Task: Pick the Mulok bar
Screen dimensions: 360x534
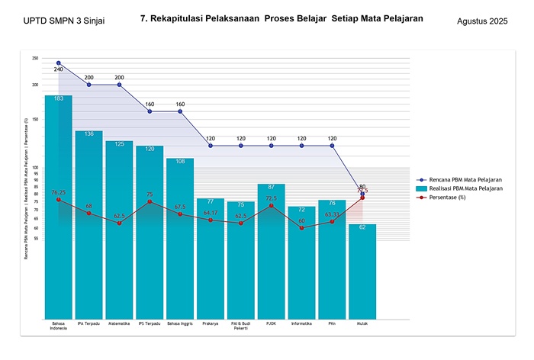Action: point(362,275)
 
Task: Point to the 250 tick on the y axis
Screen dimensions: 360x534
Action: point(36,58)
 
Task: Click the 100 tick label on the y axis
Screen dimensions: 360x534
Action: point(36,168)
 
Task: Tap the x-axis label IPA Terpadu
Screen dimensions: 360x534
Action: point(88,323)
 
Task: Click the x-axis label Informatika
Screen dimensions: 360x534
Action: point(301,323)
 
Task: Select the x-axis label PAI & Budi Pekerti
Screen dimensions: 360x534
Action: point(240,326)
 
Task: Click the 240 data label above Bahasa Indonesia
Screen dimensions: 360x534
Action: point(59,69)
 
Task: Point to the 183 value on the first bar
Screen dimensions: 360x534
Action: point(59,99)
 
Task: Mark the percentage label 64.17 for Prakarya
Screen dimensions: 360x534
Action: point(211,213)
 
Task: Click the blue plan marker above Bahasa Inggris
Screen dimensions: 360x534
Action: point(180,111)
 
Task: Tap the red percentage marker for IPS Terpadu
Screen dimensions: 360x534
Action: point(150,202)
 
